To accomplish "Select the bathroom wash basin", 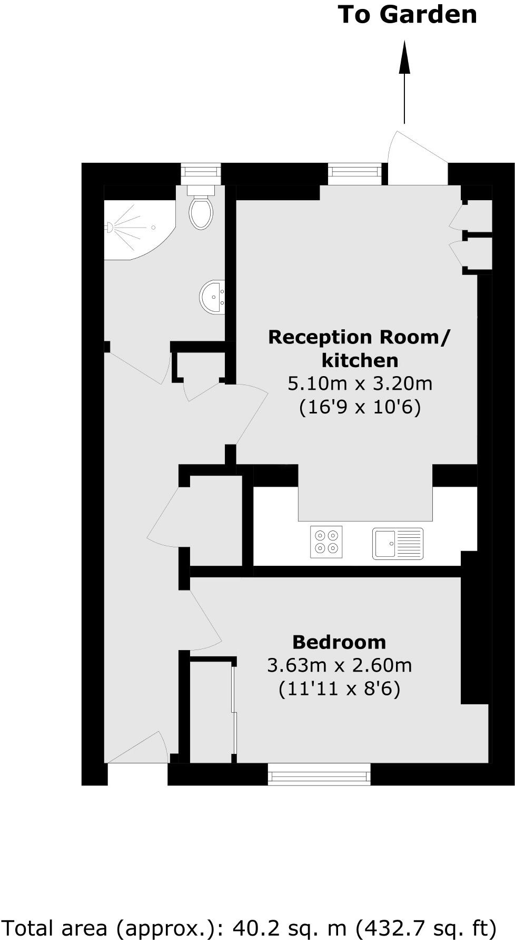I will click(x=213, y=297).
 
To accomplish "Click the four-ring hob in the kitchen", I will click(x=326, y=542).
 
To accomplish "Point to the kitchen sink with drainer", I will click(x=398, y=543).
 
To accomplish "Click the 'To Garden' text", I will click(x=407, y=15).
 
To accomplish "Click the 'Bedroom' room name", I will click(x=339, y=642).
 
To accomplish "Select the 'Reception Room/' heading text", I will click(x=360, y=337).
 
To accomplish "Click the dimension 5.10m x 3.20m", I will click(x=360, y=383).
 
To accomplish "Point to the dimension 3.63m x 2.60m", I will click(x=339, y=665).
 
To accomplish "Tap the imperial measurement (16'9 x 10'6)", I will click(x=360, y=407).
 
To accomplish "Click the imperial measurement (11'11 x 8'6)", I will click(x=339, y=689).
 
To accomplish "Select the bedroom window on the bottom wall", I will click(x=319, y=774).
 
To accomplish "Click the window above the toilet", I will click(x=201, y=172).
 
